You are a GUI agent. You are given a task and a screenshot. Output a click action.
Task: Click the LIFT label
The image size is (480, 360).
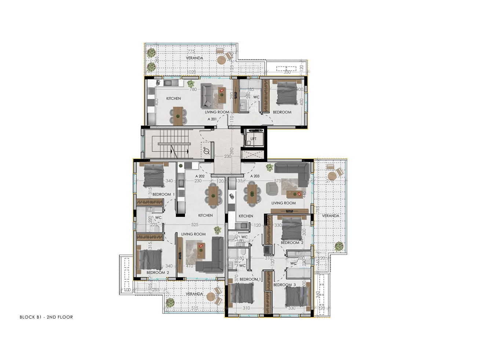click(254, 139)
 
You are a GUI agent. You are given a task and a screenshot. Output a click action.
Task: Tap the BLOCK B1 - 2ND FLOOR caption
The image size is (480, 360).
click(46, 317)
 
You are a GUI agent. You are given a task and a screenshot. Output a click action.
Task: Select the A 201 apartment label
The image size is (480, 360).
click(212, 119)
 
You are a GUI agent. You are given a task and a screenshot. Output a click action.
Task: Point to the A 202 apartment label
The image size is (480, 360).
click(200, 176)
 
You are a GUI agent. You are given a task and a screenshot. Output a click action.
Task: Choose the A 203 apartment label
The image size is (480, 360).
click(255, 176)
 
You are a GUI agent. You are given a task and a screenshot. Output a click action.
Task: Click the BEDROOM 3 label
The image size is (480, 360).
click(284, 285)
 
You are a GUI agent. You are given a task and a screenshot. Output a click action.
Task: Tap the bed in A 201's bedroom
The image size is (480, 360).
click(286, 94)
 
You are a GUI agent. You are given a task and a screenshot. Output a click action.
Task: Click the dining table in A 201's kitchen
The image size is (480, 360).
click(178, 115)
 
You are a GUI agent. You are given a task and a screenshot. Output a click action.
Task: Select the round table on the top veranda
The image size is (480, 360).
click(221, 60)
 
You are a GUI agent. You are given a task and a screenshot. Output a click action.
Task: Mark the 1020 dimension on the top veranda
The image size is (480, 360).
click(191, 72)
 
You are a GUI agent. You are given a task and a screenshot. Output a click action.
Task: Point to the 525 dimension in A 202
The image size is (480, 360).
click(194, 225)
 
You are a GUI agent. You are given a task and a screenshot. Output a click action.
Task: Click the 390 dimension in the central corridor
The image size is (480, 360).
click(232, 151)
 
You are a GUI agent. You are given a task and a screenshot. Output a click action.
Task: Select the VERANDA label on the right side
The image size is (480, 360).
click(331, 216)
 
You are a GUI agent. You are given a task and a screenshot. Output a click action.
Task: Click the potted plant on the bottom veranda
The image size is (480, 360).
click(170, 303)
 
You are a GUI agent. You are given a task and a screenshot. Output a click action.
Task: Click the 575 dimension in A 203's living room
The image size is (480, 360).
click(277, 181)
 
